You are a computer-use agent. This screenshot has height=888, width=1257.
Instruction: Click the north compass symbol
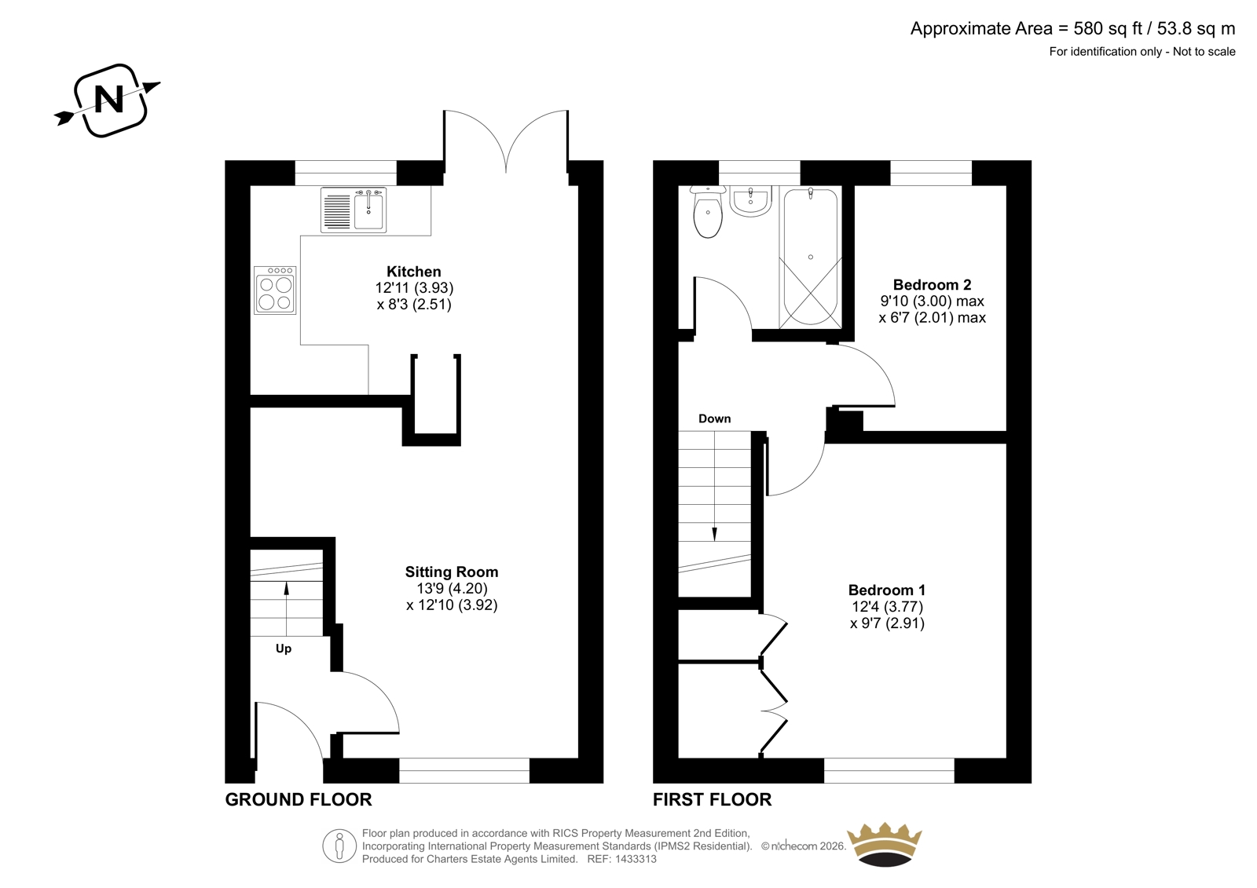coord(109,101)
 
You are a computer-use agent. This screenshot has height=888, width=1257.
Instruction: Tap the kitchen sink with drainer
coord(354,210)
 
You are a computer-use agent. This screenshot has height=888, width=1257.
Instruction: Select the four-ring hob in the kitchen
coord(275,290)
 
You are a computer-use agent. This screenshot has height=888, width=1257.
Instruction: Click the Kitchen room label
coord(414,272)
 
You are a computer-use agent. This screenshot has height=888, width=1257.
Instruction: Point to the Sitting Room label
coord(452,572)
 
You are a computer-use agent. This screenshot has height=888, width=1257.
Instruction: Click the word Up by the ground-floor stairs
coord(284,649)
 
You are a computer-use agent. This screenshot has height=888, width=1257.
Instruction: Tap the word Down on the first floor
coord(714,418)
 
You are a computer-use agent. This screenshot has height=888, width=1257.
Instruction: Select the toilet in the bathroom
coord(707,212)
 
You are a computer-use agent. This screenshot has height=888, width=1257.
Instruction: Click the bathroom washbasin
coord(751,201)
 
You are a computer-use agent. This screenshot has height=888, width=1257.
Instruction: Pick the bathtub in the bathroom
coord(810,257)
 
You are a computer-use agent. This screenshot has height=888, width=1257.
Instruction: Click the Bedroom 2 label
coord(932,284)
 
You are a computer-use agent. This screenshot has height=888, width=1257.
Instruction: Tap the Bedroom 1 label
coord(887,590)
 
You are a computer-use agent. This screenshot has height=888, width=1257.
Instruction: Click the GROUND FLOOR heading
coord(299,799)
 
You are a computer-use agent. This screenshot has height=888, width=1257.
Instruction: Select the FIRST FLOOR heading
coord(712,799)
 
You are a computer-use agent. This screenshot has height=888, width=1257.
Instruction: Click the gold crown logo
coord(885,844)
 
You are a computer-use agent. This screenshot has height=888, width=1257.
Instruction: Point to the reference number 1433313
coord(635,859)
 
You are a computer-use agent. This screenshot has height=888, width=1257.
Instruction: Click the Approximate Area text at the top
coord(1072,28)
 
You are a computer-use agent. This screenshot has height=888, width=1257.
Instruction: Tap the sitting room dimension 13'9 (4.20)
coord(452,588)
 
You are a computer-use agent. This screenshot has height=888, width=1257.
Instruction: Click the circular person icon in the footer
coord(339,846)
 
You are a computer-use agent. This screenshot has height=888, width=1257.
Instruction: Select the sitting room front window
coord(464,771)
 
